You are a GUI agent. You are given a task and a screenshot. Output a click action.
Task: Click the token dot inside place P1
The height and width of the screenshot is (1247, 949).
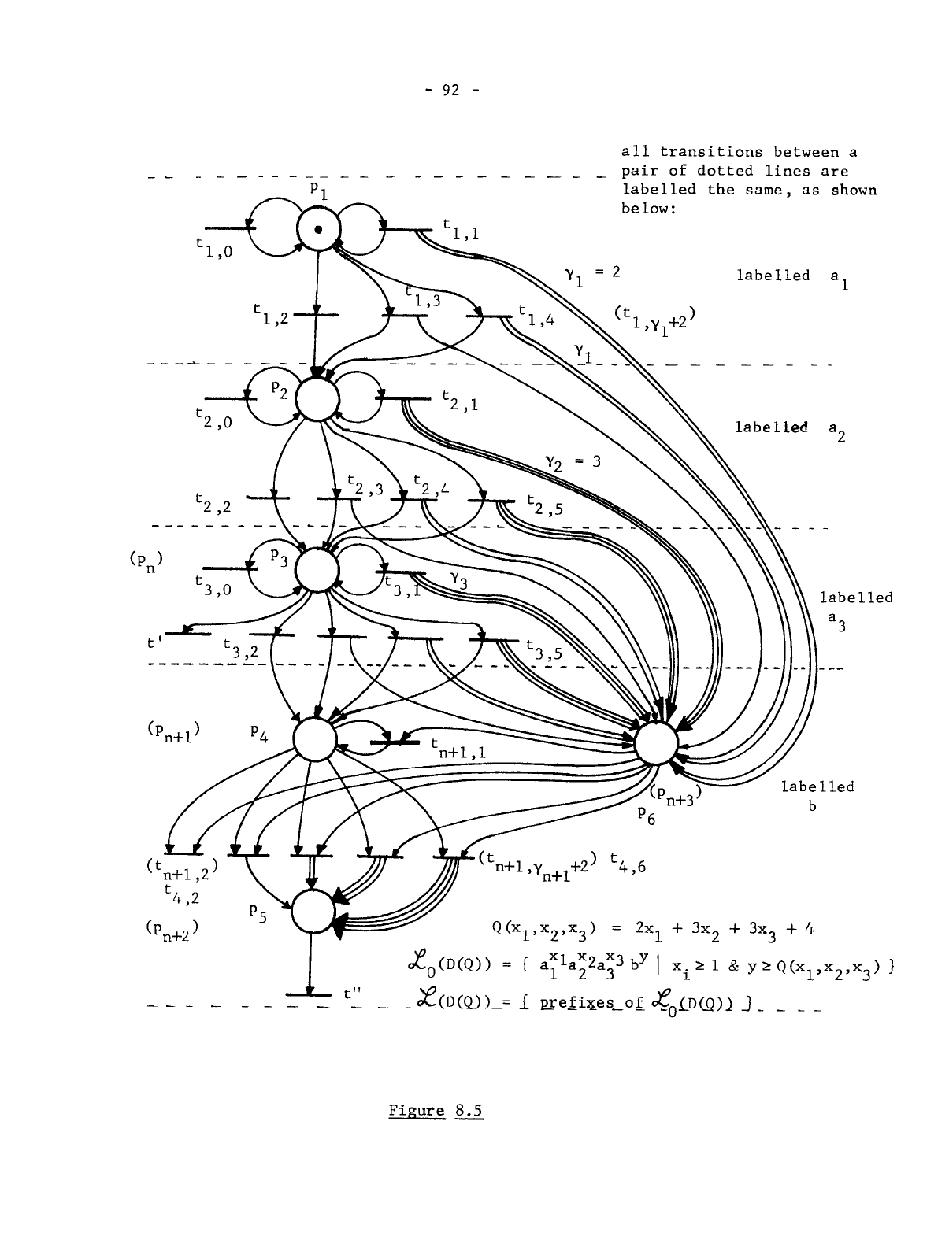click(x=317, y=230)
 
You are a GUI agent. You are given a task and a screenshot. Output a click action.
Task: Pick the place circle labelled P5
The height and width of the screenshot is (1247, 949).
click(x=312, y=912)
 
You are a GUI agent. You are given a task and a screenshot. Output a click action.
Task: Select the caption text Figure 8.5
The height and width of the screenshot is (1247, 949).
click(x=436, y=1111)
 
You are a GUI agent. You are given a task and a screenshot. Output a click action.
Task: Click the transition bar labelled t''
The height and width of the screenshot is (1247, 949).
click(x=309, y=996)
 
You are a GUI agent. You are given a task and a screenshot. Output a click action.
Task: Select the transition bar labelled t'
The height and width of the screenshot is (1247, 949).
click(x=187, y=632)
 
